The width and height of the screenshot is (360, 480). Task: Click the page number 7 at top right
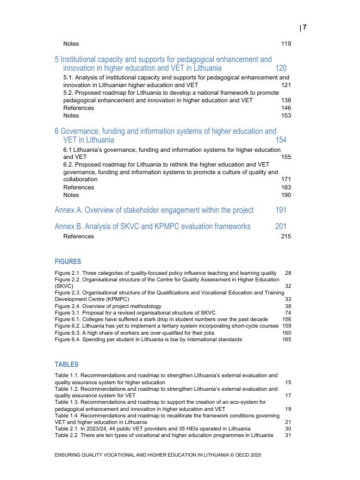coord(305,27)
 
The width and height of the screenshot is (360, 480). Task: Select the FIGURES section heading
coord(68,262)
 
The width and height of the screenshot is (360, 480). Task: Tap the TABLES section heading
coord(66,365)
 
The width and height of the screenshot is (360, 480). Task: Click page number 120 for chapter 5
coord(281,69)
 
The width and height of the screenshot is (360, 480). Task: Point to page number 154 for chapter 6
coord(281,140)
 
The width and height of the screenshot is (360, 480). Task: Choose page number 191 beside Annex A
coord(281,210)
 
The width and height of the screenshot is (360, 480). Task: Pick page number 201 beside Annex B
coord(281,226)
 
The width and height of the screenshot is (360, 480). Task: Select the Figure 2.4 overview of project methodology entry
coord(108,306)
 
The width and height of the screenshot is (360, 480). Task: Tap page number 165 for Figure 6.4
coord(287,340)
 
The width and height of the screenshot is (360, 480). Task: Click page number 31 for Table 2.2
coord(288,435)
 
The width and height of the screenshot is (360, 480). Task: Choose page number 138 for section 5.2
coord(285,101)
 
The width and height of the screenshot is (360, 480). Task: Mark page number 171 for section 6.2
coord(285,180)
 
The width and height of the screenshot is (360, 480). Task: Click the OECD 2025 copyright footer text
coord(158,454)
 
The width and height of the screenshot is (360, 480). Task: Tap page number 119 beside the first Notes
coord(285,44)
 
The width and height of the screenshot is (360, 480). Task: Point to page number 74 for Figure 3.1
coord(288,313)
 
